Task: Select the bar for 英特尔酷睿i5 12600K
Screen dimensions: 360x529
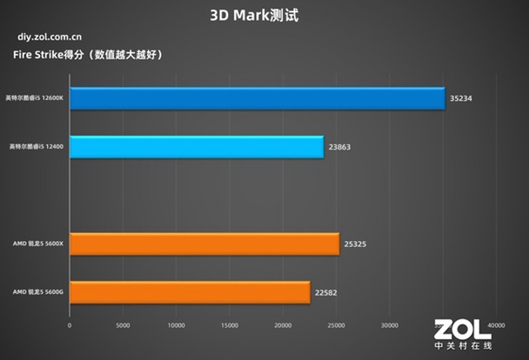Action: [257, 98]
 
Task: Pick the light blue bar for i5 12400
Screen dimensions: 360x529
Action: [197, 147]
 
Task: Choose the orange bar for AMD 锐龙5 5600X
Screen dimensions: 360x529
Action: [204, 244]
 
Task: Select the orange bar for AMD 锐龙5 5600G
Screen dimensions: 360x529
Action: [190, 292]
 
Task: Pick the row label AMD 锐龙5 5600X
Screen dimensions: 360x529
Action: [38, 244]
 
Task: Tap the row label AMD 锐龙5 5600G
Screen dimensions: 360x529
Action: [38, 293]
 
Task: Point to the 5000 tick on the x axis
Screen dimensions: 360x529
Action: [123, 326]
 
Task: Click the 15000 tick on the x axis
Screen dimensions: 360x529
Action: [230, 326]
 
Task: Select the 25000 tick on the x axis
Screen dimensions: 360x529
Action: [336, 326]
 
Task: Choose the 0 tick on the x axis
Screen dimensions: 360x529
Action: [70, 326]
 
